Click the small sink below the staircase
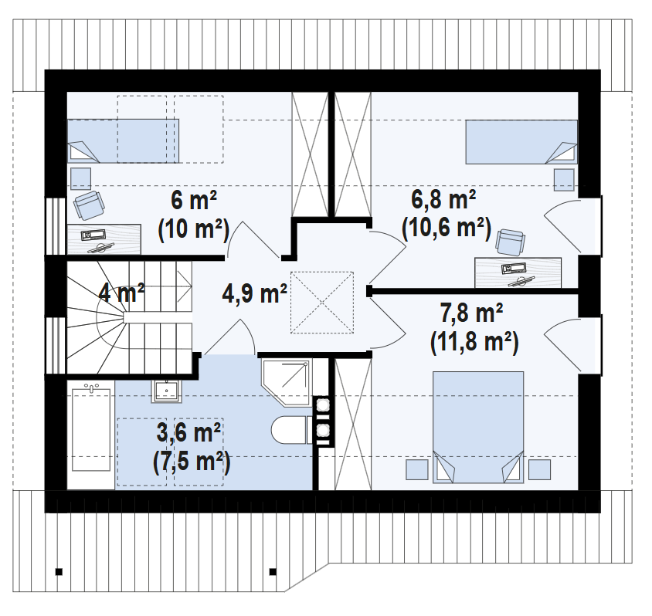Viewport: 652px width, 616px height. [166, 391]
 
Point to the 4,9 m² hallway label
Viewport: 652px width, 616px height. [254, 293]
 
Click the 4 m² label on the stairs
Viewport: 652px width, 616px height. [121, 293]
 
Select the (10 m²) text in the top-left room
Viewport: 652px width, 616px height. [194, 229]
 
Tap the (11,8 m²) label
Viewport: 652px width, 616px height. [474, 343]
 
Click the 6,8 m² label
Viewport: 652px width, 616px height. [443, 199]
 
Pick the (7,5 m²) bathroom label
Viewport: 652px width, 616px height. [192, 462]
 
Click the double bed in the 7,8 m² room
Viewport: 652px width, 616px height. [478, 427]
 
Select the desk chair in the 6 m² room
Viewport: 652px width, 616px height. [89, 205]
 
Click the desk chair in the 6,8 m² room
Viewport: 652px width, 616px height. [511, 242]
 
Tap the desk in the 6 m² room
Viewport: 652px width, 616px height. [104, 239]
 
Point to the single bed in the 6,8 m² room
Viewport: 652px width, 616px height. [521, 142]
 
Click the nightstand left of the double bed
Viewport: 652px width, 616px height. [417, 469]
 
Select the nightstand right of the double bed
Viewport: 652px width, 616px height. [539, 469]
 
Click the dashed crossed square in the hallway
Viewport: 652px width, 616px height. [322, 303]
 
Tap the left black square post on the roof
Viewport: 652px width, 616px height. [59, 572]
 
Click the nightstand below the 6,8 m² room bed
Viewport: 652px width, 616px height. [564, 180]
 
